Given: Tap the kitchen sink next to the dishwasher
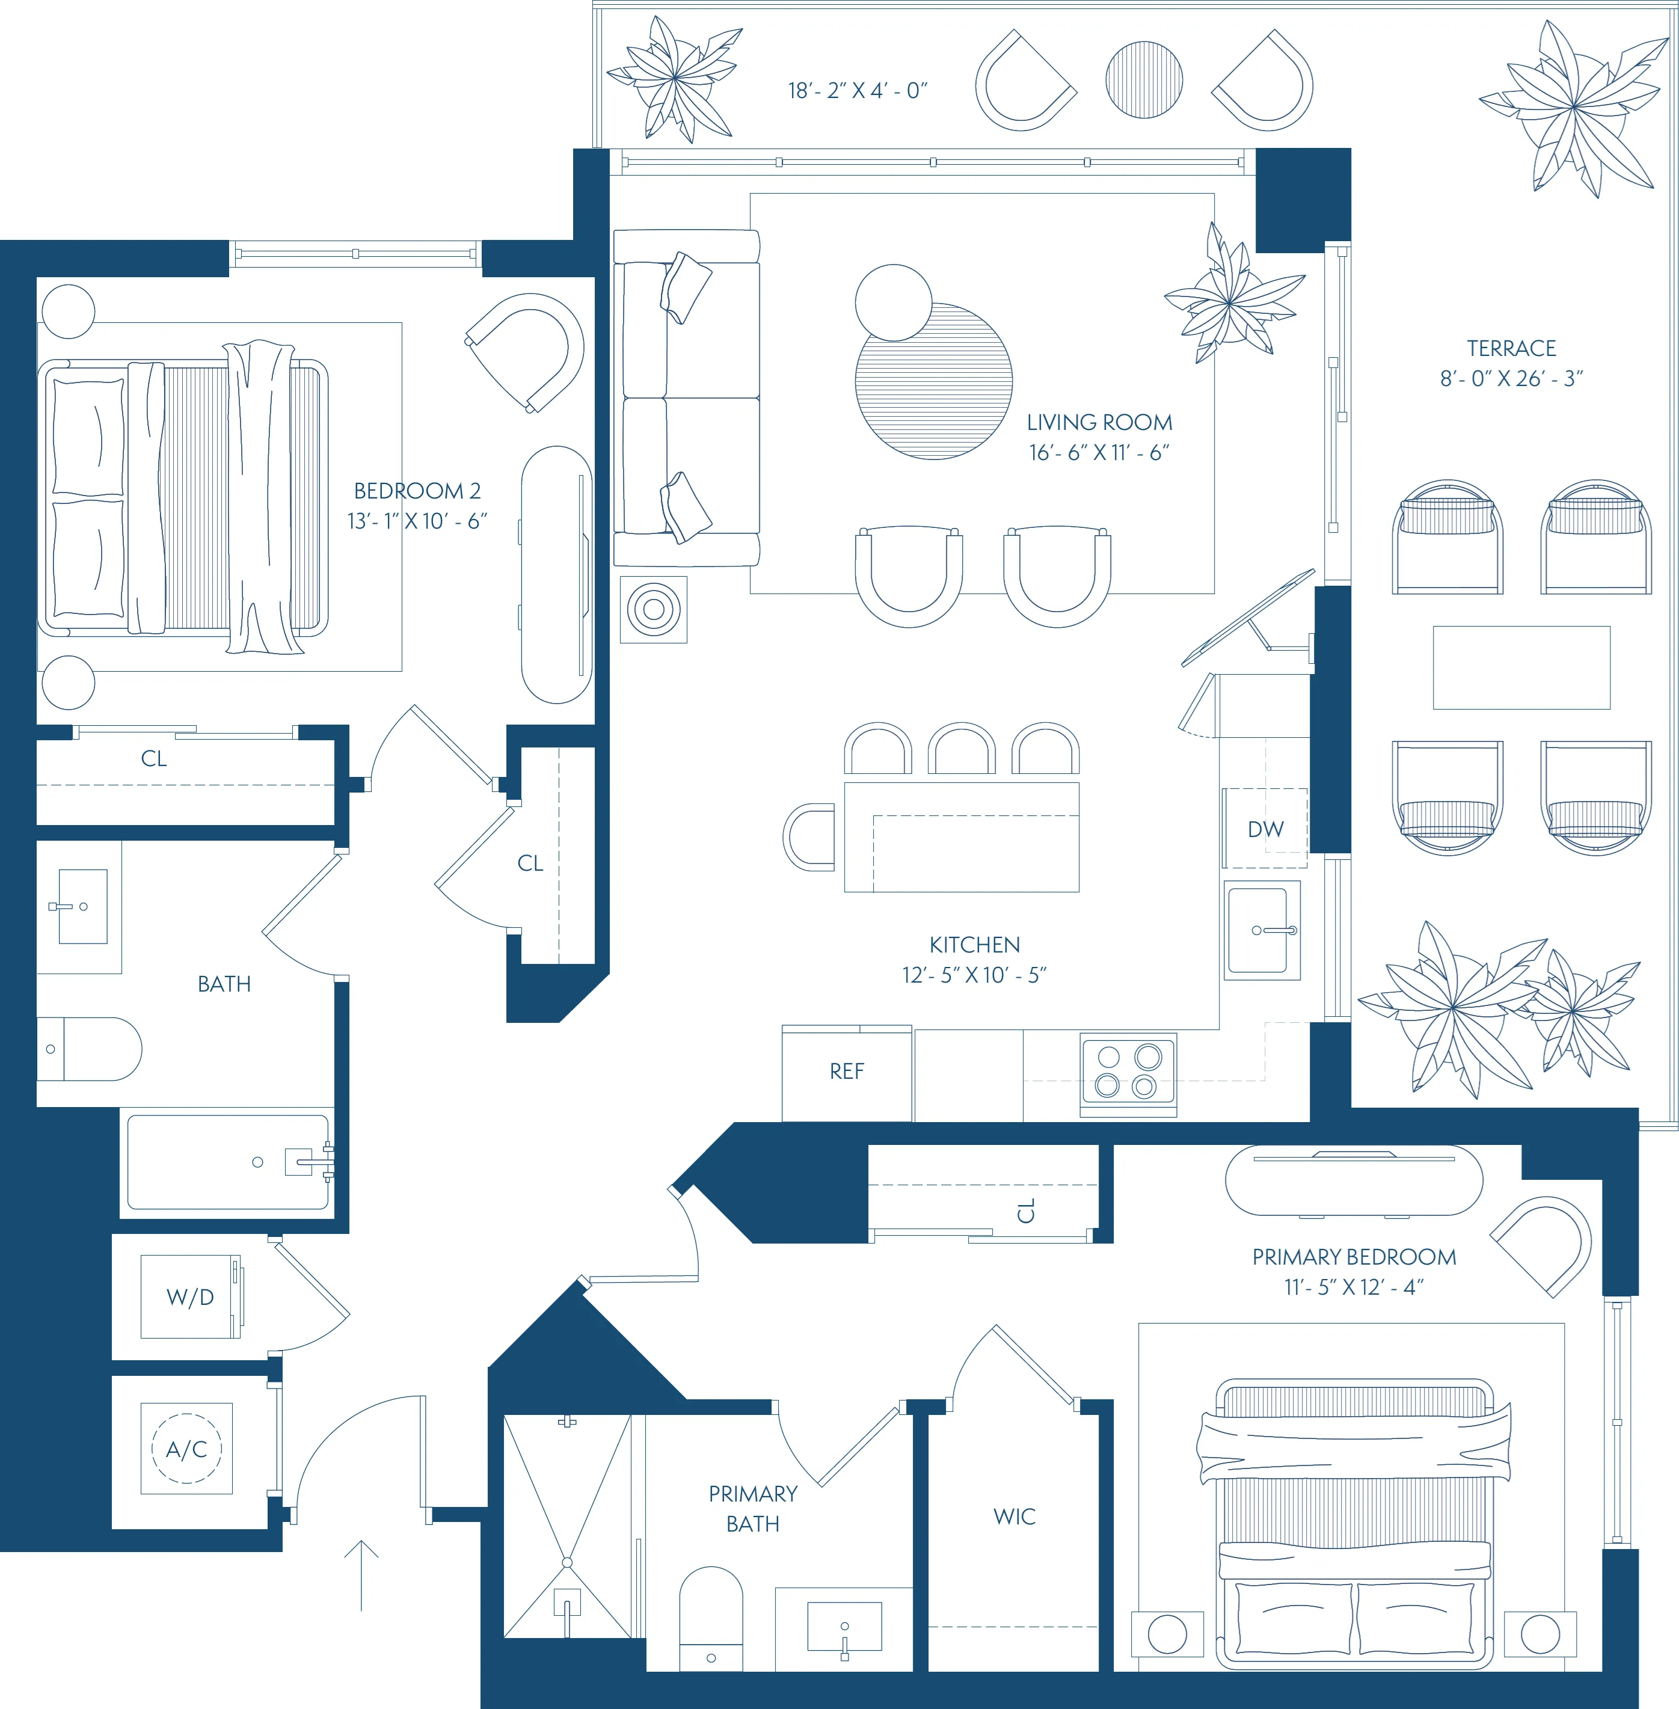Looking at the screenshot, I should click(x=1259, y=930).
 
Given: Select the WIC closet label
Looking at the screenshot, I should click(x=1014, y=1517).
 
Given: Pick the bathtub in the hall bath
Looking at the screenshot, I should click(x=227, y=1162).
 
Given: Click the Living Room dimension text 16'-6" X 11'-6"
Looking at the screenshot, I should click(x=1099, y=452).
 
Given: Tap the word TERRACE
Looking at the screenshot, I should click(x=1511, y=348).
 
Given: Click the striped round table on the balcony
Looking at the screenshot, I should click(x=1144, y=79).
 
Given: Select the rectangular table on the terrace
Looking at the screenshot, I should click(x=1521, y=667).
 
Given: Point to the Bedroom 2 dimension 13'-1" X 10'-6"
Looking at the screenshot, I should click(x=417, y=521).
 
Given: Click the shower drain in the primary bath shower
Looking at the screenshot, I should click(x=567, y=1563).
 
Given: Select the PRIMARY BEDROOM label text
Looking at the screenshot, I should click(x=1354, y=1257).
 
